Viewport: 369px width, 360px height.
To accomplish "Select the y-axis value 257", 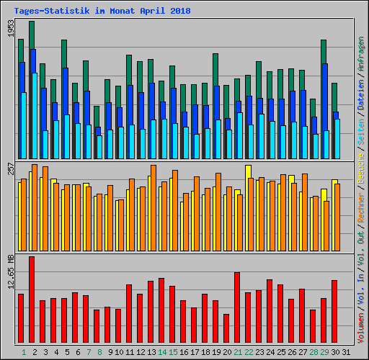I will pos(10,168).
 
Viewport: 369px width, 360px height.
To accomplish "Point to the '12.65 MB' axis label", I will pos(10,271).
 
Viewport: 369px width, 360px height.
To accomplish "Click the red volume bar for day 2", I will pos(32,300).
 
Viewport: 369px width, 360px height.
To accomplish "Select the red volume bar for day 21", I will pos(237,307).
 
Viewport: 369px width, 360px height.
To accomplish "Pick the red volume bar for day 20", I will pos(226,328).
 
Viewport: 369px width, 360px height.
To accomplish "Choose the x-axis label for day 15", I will pos(173,352).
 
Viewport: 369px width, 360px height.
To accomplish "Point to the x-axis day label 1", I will pos(24,352).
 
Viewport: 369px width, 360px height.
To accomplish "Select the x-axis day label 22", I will pos(249,352).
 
